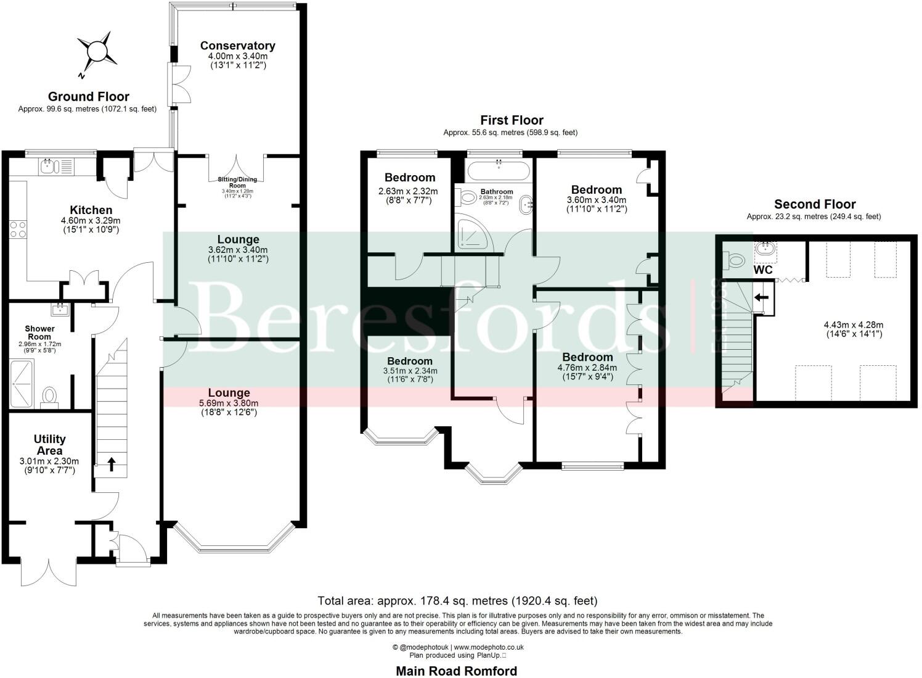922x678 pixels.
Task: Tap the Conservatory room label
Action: [x=237, y=46]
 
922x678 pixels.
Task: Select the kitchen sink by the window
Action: [x=48, y=165]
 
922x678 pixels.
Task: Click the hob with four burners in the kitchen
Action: [x=18, y=229]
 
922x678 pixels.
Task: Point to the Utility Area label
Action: [x=49, y=444]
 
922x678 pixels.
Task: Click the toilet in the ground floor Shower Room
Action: [x=49, y=395]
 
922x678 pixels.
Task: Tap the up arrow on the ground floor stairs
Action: [x=111, y=464]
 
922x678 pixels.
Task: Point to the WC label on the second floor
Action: [x=762, y=270]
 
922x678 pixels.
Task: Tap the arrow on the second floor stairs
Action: [x=762, y=298]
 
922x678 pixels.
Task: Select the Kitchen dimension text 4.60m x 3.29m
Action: [x=91, y=221]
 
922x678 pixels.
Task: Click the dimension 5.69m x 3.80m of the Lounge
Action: [x=229, y=403]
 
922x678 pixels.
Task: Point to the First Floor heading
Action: [x=512, y=120]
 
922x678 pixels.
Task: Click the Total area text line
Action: [x=457, y=600]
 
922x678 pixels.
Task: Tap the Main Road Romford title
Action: [x=456, y=671]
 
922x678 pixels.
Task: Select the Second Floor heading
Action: [x=814, y=204]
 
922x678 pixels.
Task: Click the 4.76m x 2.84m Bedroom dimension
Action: [x=587, y=368]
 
